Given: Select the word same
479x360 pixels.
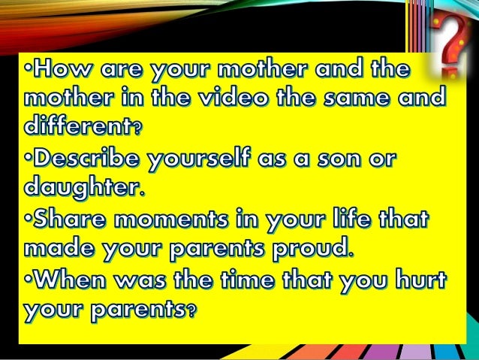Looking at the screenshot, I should click(367, 98).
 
